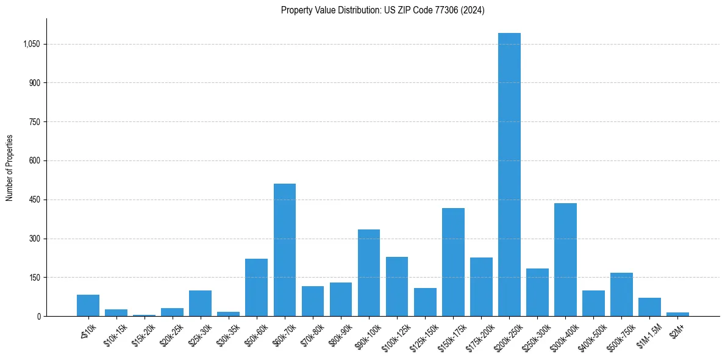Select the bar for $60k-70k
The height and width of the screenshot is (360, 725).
coord(285,250)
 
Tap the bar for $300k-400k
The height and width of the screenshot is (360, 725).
coord(565,259)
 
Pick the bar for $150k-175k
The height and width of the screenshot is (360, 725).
coord(453,262)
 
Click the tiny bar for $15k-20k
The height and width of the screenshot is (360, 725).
coord(145,315)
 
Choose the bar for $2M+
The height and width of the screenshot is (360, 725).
coord(677,314)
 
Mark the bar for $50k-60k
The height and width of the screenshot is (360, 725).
coord(257,287)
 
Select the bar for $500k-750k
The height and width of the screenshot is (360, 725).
coord(621,294)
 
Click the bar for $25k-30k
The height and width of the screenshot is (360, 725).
coord(201,303)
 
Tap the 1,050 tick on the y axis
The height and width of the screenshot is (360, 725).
coord(30,44)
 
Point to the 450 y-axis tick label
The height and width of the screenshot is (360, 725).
coord(34,200)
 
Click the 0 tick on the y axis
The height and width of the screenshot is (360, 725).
coord(38,316)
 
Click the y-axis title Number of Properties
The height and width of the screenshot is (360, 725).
coord(9,168)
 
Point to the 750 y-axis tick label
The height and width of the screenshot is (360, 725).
coord(34,121)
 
